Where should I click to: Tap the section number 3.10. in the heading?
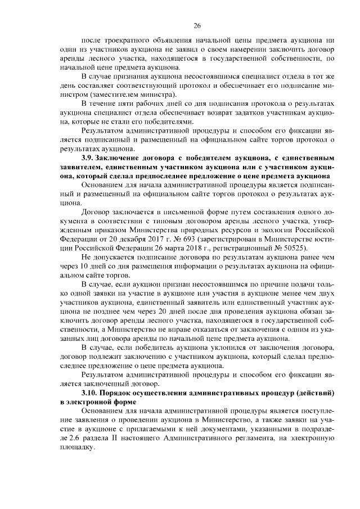click(x=92, y=391)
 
